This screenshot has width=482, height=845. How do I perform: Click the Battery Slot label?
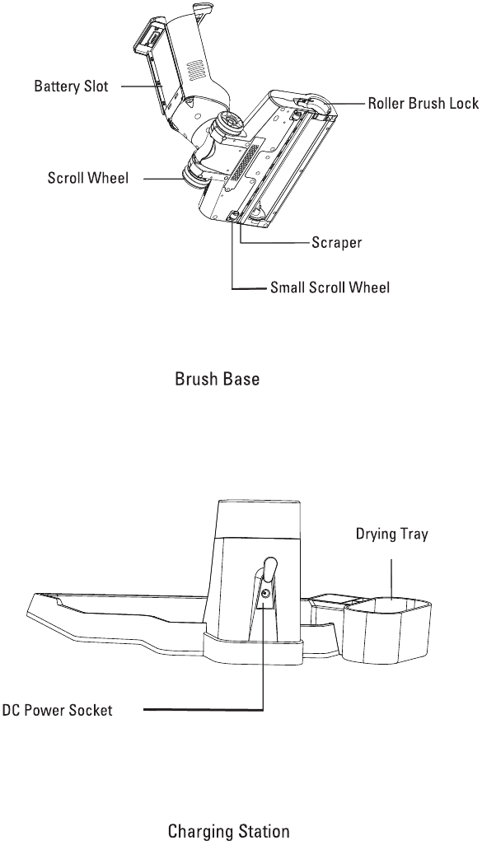[71, 86]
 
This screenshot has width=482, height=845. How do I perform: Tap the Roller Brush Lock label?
[424, 104]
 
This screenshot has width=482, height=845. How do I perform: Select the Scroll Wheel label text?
[88, 179]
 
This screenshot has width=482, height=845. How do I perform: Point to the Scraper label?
[336, 243]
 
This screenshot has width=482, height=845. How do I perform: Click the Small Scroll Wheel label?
[330, 287]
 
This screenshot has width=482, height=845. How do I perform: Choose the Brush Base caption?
[217, 379]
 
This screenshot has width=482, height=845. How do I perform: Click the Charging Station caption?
[228, 830]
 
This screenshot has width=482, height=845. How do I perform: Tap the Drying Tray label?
[391, 534]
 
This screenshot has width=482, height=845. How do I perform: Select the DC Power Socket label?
[57, 710]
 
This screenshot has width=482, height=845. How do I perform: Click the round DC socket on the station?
[265, 593]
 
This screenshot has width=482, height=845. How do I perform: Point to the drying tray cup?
[389, 629]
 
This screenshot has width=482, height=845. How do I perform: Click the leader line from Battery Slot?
[141, 86]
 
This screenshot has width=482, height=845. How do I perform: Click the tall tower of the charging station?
[259, 569]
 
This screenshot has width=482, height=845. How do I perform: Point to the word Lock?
[464, 104]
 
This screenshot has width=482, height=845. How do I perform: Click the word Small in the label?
[288, 287]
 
